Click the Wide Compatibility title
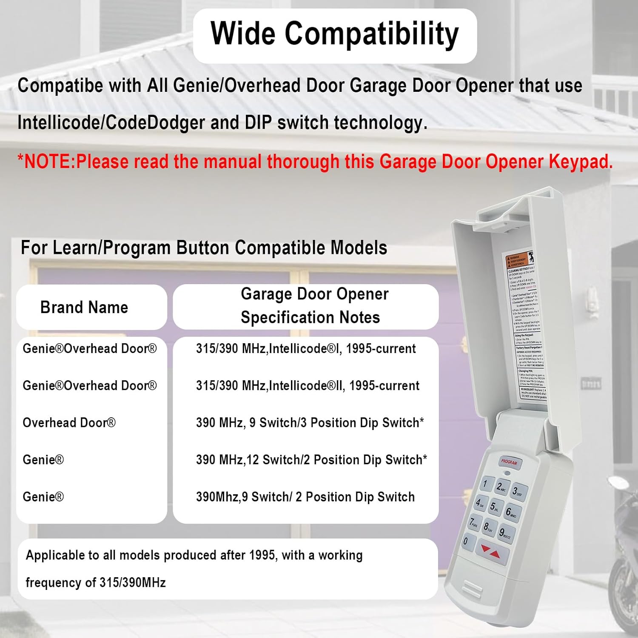click(x=335, y=34)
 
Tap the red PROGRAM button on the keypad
click(x=509, y=462)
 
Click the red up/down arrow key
click(x=490, y=552)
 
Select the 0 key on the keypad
click(x=466, y=541)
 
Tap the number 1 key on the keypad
click(x=485, y=483)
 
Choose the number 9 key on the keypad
click(x=504, y=533)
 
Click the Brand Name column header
click(x=84, y=307)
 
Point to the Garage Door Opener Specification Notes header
click(x=310, y=306)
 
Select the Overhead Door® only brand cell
click(x=69, y=423)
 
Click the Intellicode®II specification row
click(x=308, y=386)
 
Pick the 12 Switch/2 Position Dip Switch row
click(x=311, y=460)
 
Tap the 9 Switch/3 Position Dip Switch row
click(x=310, y=423)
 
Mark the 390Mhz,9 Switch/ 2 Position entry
click(x=305, y=497)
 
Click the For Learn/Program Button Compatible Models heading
click(x=204, y=248)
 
